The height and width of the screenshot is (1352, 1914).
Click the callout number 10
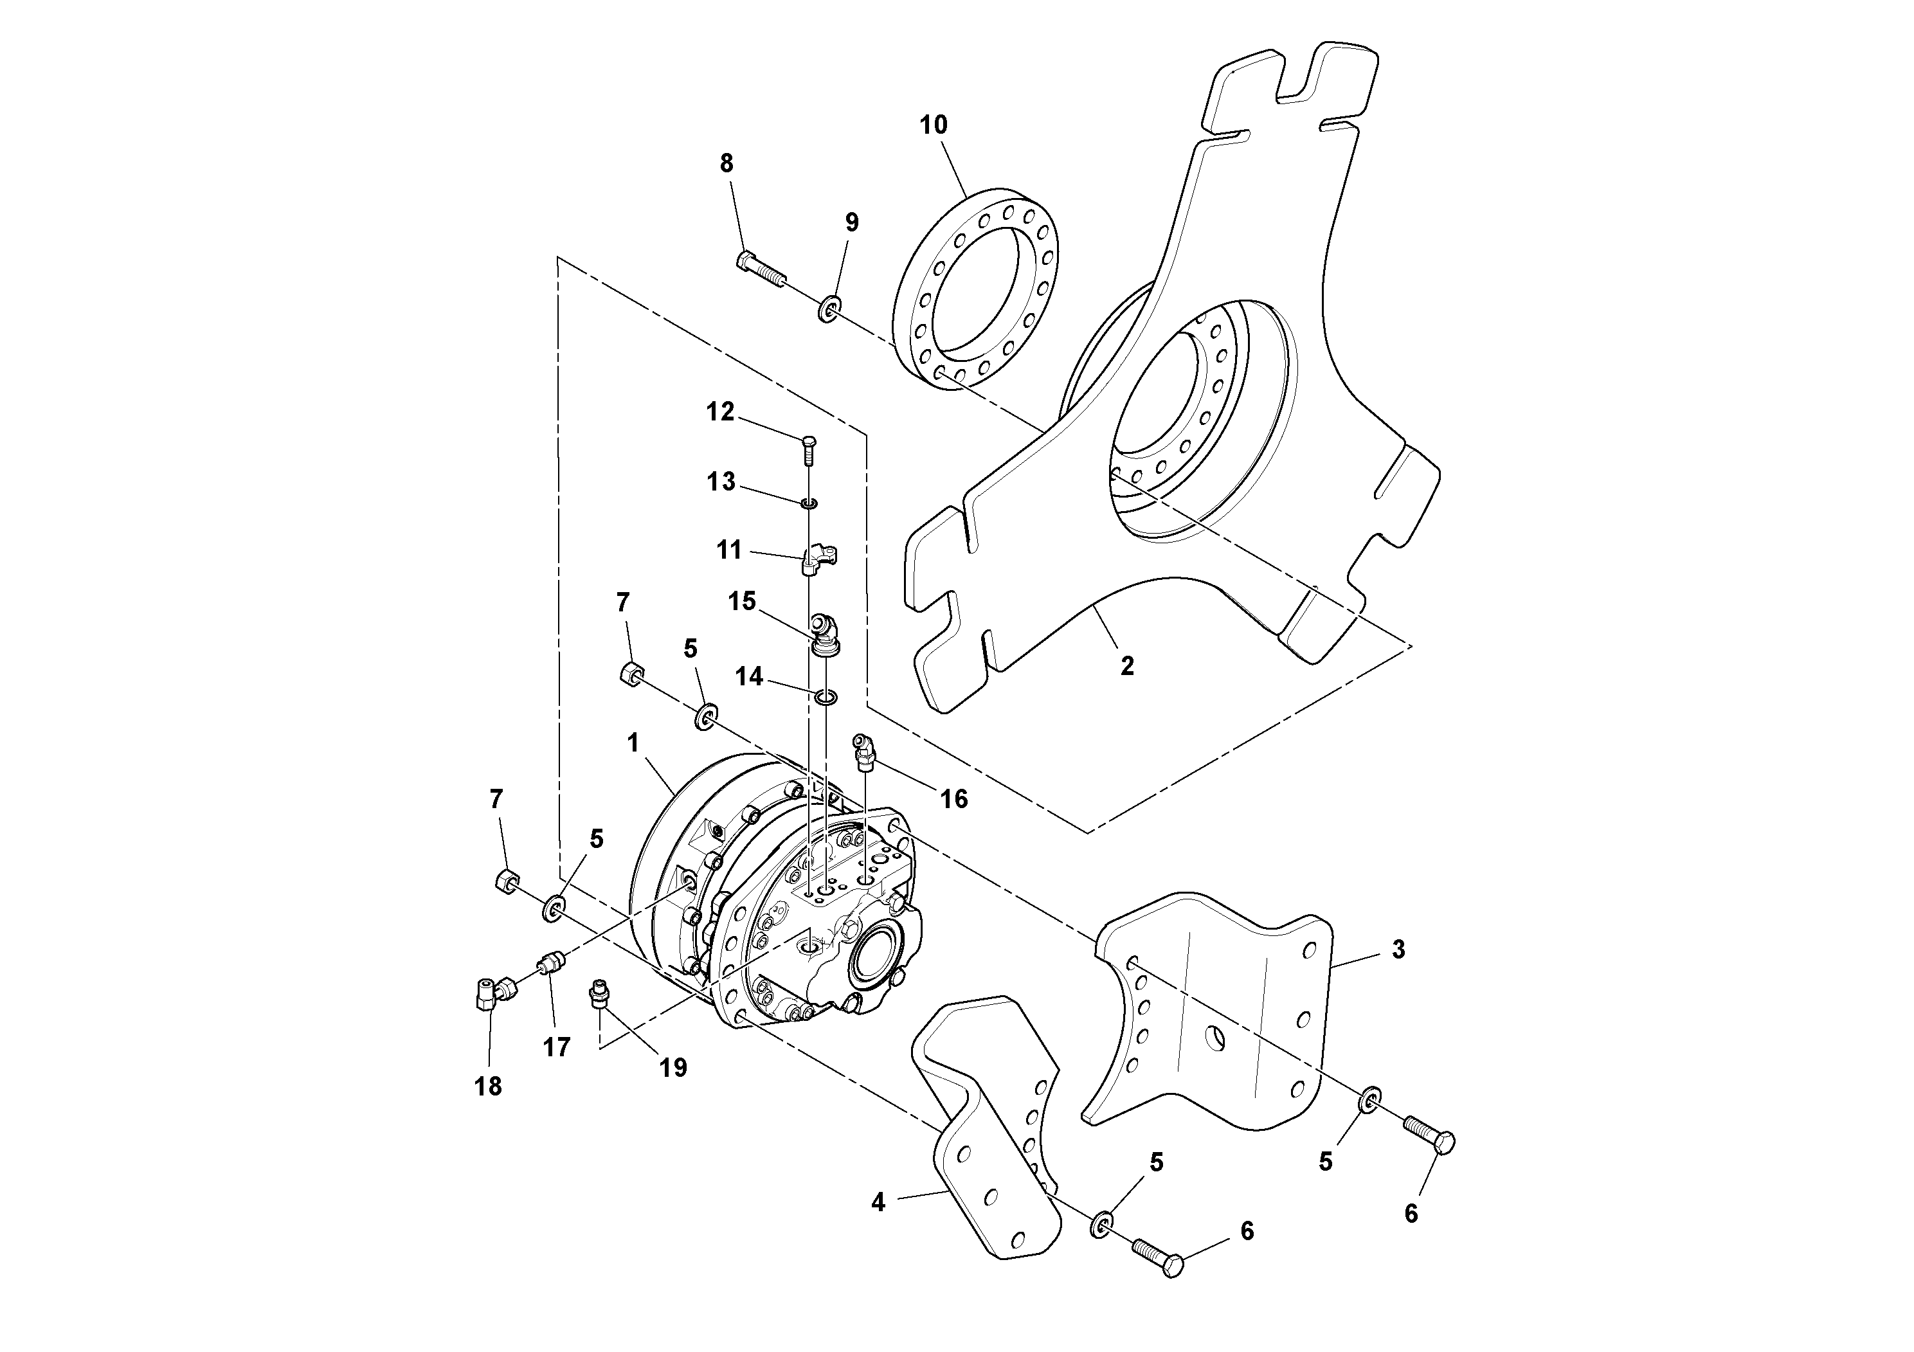(934, 125)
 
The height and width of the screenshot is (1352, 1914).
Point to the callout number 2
(1127, 667)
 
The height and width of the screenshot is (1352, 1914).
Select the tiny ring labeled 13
(809, 503)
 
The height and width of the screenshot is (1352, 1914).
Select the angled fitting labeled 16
(863, 750)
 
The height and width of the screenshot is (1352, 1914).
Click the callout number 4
(878, 1203)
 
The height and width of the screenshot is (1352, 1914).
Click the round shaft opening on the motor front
(873, 964)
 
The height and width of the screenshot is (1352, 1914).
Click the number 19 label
(674, 1068)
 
